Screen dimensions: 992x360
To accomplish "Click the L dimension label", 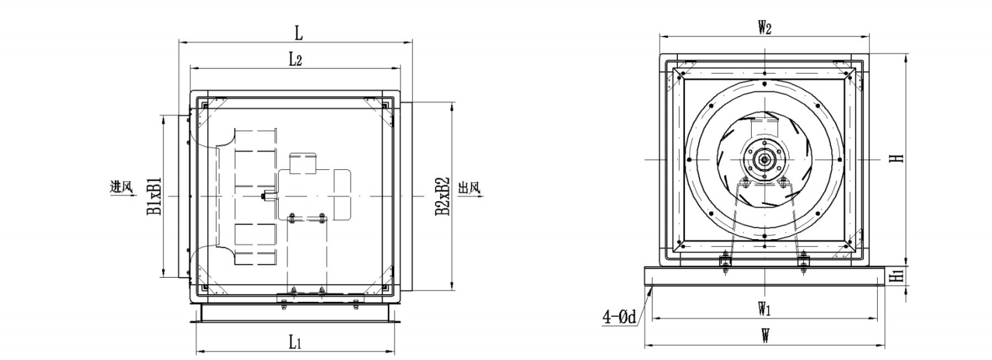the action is pyautogui.click(x=299, y=33).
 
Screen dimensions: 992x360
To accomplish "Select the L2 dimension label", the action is pyautogui.click(x=295, y=59).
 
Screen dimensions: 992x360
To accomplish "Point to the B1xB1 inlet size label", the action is pyautogui.click(x=154, y=197).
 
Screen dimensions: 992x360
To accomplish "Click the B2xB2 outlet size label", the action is pyautogui.click(x=442, y=197).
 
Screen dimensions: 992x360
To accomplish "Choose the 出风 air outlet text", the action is pyautogui.click(x=469, y=188).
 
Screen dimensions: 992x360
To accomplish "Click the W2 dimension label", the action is pyautogui.click(x=765, y=28).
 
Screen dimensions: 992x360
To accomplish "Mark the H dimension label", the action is pyautogui.click(x=897, y=158).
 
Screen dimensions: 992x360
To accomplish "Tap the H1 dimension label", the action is pyautogui.click(x=897, y=277).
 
